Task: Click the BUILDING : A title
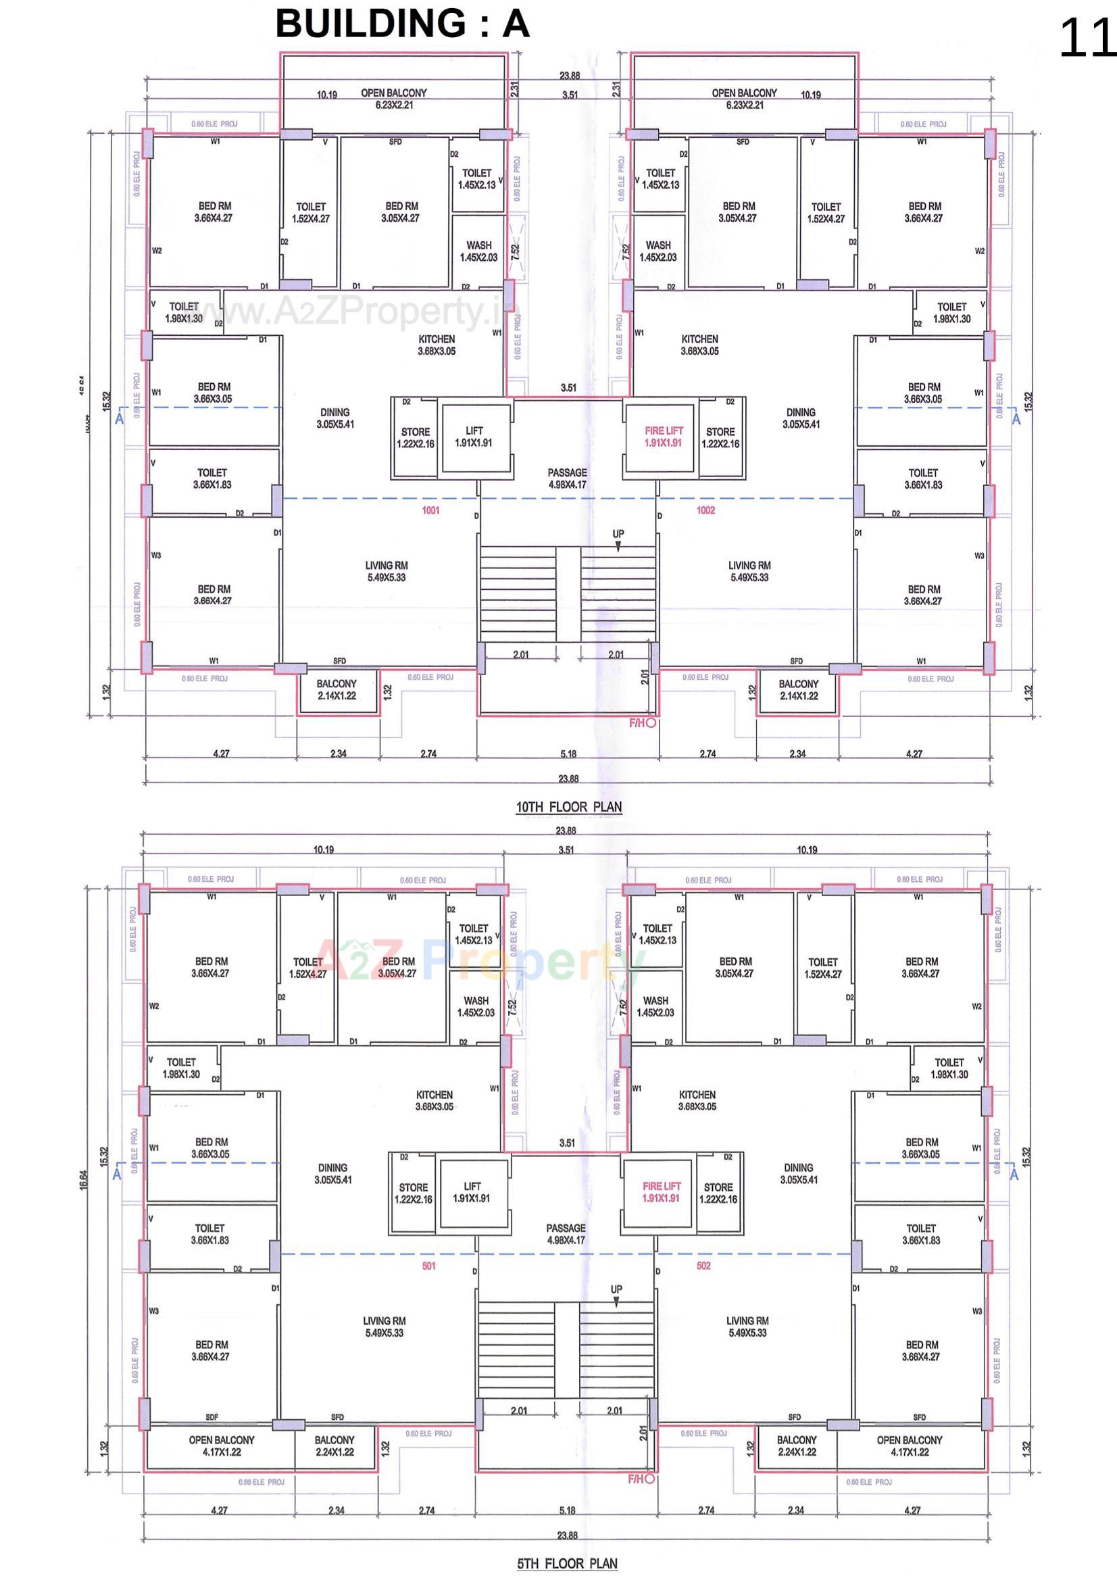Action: tap(402, 24)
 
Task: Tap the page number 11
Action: tap(1086, 39)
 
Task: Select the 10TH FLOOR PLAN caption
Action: tap(568, 806)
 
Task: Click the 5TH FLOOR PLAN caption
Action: tap(567, 1563)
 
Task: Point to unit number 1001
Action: tap(431, 510)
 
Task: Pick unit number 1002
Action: tap(705, 510)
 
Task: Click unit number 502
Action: tap(703, 1266)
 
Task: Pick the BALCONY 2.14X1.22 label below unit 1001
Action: tap(337, 689)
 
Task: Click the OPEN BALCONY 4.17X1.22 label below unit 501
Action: tap(221, 1445)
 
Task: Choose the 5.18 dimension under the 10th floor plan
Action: tap(568, 754)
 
